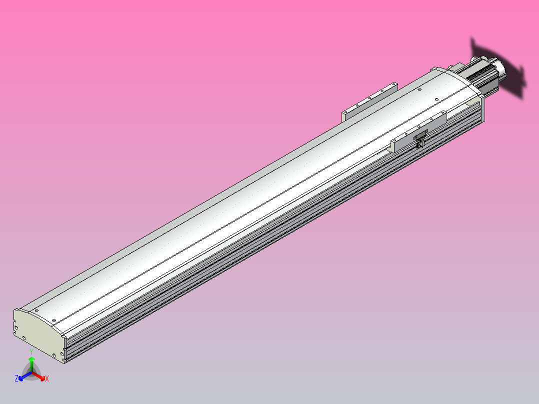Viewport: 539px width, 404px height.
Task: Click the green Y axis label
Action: click(x=31, y=352)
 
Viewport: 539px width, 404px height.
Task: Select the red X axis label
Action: click(x=47, y=379)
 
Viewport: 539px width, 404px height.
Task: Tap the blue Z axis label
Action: click(x=16, y=379)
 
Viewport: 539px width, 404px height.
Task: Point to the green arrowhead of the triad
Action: click(x=31, y=359)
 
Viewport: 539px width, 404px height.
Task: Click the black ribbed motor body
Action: click(x=480, y=73)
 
